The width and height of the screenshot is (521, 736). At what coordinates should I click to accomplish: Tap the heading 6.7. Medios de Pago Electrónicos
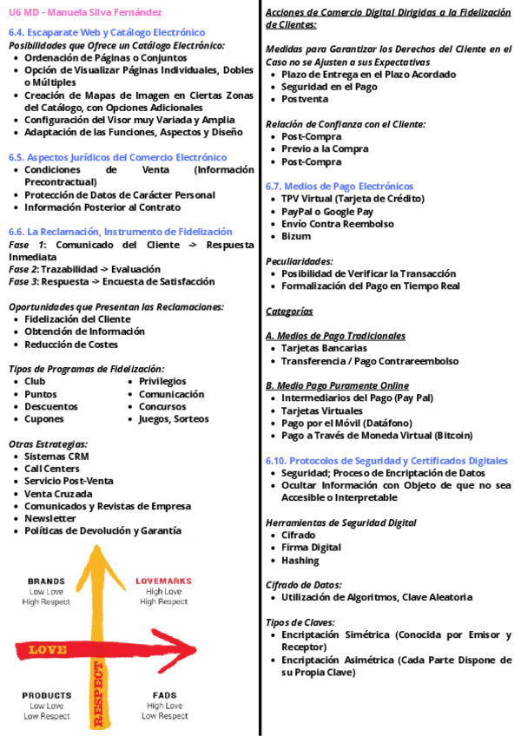(x=339, y=186)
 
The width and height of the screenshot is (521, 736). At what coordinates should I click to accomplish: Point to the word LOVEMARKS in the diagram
(x=163, y=581)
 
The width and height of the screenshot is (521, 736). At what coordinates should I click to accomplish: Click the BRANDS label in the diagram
(x=46, y=581)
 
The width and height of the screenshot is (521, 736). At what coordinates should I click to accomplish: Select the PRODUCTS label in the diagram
(x=47, y=695)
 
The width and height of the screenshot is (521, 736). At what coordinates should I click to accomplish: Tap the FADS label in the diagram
(x=164, y=695)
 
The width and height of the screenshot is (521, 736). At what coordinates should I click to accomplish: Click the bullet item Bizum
(x=295, y=236)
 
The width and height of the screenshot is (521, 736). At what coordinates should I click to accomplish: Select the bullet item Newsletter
(x=50, y=518)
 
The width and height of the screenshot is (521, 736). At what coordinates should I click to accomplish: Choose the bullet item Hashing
(x=300, y=560)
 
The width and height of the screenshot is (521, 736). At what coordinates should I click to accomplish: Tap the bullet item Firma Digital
(x=311, y=548)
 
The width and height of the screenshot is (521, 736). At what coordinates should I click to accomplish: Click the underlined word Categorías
(x=289, y=311)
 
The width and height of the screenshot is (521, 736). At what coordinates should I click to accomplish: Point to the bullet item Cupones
(x=44, y=419)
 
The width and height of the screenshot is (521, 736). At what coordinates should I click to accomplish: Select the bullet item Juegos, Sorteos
(x=174, y=419)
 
